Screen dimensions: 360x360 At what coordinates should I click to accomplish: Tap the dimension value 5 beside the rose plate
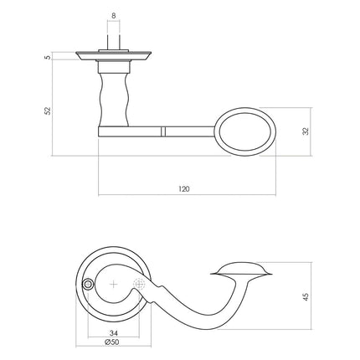pos(49,58)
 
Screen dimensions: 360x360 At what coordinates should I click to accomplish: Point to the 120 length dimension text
pos(184,188)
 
